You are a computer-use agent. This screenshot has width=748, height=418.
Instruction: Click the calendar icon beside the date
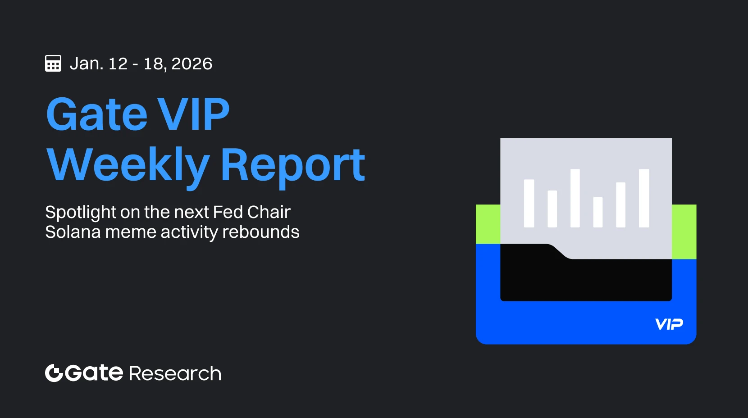pos(53,64)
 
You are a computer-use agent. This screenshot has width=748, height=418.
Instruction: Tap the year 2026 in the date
pos(192,64)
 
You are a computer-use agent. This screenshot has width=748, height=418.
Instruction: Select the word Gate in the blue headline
pos(97,114)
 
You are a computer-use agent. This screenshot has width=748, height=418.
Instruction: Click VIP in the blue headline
pos(194,114)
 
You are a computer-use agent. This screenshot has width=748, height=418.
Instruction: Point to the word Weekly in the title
pos(128,166)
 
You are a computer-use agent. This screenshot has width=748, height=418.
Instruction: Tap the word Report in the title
pos(293,166)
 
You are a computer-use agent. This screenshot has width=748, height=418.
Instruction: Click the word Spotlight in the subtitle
pos(81,213)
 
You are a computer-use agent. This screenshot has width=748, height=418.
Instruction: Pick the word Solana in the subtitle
pos(73,232)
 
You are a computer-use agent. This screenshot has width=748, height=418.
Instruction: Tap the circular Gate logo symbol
pos(54,373)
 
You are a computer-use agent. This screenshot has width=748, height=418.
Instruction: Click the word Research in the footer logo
pos(175,373)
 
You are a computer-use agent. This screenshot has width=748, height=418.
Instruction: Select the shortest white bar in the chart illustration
pos(598,212)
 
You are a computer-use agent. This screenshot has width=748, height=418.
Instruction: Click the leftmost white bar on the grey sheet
pos(529,204)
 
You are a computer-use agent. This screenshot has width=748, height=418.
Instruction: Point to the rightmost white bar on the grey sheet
pos(644,198)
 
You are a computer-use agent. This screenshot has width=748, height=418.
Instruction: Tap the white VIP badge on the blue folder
pos(669,324)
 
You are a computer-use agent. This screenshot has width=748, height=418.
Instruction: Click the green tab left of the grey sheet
pos(488,224)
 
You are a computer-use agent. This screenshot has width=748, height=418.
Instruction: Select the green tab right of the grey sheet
pos(684,232)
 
